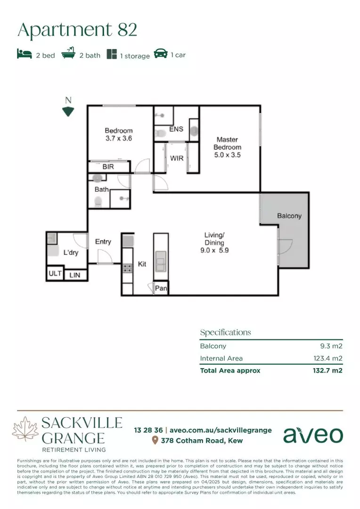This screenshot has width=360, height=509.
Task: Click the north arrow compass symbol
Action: click(x=68, y=111)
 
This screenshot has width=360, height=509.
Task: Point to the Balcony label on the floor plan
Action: click(x=289, y=216)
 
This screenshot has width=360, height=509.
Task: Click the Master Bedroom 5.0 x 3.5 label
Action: click(x=228, y=147)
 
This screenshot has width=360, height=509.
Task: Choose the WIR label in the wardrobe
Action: click(x=177, y=158)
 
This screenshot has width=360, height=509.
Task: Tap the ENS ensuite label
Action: click(x=176, y=129)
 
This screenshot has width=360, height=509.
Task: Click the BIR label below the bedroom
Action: click(x=108, y=167)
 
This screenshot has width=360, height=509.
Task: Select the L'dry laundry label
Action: click(x=71, y=253)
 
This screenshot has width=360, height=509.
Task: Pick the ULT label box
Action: click(x=54, y=274)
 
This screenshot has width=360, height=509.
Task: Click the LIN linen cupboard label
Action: click(x=74, y=275)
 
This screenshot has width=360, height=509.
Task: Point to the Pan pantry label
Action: click(x=161, y=288)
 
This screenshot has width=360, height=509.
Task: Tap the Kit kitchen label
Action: click(x=142, y=264)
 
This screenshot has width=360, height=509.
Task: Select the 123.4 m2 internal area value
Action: click(x=328, y=358)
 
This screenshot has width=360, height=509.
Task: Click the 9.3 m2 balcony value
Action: click(x=331, y=346)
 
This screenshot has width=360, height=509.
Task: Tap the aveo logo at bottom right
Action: click(x=313, y=435)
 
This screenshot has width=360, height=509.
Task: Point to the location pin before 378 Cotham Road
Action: click(x=155, y=441)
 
